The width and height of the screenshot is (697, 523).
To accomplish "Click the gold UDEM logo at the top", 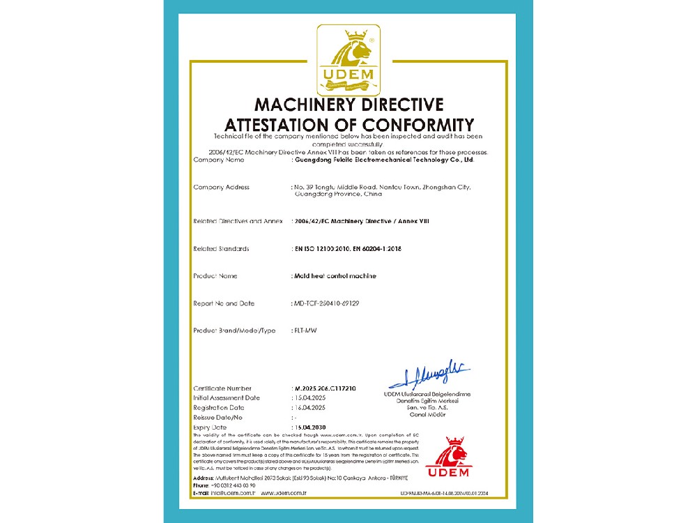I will click(348, 59).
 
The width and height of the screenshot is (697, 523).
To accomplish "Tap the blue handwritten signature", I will click(429, 375).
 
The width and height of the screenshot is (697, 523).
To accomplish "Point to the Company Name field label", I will click(218, 160).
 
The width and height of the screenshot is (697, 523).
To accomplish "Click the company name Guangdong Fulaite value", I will click(384, 160).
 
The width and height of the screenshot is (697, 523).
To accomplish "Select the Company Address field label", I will click(221, 187).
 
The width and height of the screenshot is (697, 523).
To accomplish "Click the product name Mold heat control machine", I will click(335, 275).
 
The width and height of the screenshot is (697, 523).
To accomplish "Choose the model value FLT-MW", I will click(307, 331).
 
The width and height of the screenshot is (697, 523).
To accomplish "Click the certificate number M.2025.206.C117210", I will click(326, 388).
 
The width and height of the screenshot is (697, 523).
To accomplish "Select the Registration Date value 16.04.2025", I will click(310, 407).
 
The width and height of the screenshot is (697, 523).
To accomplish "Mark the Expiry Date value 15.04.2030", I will click(310, 427).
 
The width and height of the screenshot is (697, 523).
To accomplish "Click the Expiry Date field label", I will click(210, 427).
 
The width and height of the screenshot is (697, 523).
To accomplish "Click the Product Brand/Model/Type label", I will click(234, 331).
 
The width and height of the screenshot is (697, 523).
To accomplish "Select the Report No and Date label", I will click(224, 303).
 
